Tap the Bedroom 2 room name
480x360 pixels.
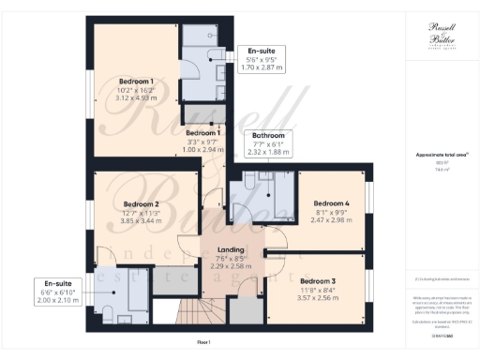tap(142, 203)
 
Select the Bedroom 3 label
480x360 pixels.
tap(318, 280)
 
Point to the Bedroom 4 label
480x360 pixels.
tap(331, 203)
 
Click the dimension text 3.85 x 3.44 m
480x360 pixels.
tap(142, 221)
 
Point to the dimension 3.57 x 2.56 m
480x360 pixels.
tap(318, 297)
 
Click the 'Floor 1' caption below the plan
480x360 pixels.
tap(203, 342)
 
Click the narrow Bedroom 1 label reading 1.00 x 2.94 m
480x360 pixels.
tap(203, 142)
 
